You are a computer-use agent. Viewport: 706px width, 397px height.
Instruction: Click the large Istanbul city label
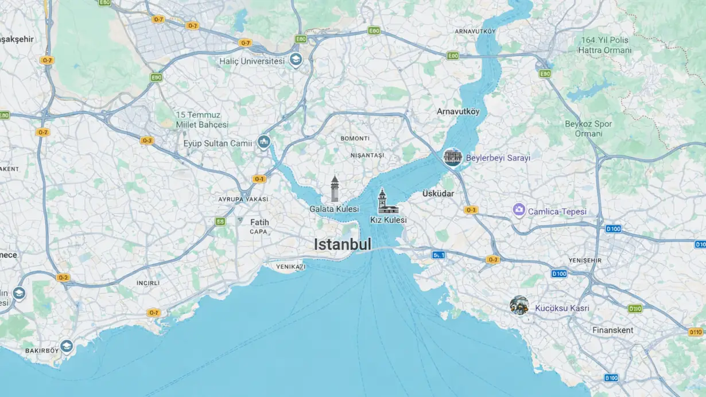click(342, 244)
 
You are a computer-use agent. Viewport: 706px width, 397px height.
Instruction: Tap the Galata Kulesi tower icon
click(335, 189)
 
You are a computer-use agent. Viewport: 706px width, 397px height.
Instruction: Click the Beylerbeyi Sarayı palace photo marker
click(452, 157)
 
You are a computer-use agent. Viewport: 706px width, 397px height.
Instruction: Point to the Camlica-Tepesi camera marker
click(519, 211)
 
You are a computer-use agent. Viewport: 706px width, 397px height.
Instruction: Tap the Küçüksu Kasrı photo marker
click(519, 305)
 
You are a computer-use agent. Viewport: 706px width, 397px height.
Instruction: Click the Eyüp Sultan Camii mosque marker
click(263, 141)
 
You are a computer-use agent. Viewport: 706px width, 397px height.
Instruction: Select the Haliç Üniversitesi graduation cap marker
click(296, 60)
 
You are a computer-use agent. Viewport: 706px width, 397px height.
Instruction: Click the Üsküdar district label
click(438, 193)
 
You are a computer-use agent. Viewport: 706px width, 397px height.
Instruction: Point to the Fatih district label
click(259, 222)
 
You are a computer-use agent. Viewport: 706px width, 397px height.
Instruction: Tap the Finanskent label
click(612, 330)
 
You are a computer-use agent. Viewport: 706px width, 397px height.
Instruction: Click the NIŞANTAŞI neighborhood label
click(367, 155)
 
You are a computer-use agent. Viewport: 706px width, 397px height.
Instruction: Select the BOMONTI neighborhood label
click(355, 138)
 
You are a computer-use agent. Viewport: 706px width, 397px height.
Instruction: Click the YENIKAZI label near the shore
click(290, 267)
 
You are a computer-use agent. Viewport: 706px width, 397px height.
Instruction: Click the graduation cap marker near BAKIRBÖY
click(67, 345)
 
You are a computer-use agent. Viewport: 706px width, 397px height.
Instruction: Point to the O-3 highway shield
click(147, 141)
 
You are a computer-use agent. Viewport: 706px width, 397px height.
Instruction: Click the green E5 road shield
click(220, 221)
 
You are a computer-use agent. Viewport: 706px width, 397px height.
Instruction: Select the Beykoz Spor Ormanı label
click(588, 129)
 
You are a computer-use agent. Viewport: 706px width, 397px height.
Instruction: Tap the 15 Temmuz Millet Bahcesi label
click(202, 119)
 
